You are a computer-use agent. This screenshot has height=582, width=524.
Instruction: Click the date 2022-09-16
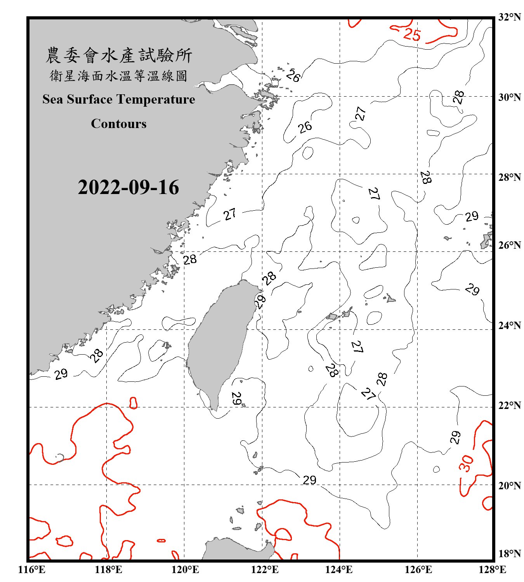click(x=128, y=187)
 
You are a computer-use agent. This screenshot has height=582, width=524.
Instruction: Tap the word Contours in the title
click(x=119, y=124)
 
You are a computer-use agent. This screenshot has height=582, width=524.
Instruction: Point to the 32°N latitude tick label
click(x=509, y=17)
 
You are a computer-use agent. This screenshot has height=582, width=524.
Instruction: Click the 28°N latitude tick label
click(x=509, y=177)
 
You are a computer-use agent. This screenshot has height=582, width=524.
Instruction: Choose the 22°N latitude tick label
click(x=509, y=405)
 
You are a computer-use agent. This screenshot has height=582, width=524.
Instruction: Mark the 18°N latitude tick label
click(x=509, y=554)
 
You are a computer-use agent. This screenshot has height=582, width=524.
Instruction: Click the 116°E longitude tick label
click(x=32, y=570)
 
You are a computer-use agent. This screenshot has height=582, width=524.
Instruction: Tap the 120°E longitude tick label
click(x=185, y=570)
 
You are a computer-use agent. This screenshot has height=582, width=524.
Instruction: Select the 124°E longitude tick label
click(x=339, y=570)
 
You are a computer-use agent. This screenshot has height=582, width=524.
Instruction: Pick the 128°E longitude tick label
click(x=492, y=570)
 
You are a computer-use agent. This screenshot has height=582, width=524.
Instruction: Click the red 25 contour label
click(x=412, y=35)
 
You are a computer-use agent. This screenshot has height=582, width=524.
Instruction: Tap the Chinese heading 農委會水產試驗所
click(x=119, y=55)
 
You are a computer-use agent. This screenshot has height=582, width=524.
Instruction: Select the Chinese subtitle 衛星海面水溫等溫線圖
click(x=118, y=76)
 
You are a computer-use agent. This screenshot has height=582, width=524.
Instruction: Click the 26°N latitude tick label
click(x=509, y=245)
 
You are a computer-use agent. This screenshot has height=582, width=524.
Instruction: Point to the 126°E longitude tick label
click(x=418, y=570)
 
